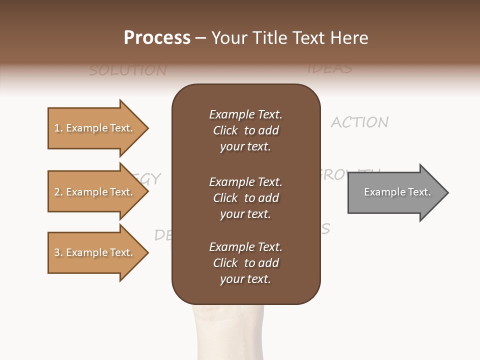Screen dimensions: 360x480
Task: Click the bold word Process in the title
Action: (157, 38)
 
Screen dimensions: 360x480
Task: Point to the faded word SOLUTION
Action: (127, 70)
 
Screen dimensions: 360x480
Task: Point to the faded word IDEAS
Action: (330, 68)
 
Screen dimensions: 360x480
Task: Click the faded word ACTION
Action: (359, 122)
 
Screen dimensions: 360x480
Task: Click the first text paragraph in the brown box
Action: (245, 130)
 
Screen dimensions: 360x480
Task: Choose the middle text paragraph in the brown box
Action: (245, 197)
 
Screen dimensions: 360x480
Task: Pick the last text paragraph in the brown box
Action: (245, 263)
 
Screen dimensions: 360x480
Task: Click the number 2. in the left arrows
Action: (58, 192)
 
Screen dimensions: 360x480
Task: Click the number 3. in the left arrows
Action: (58, 253)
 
